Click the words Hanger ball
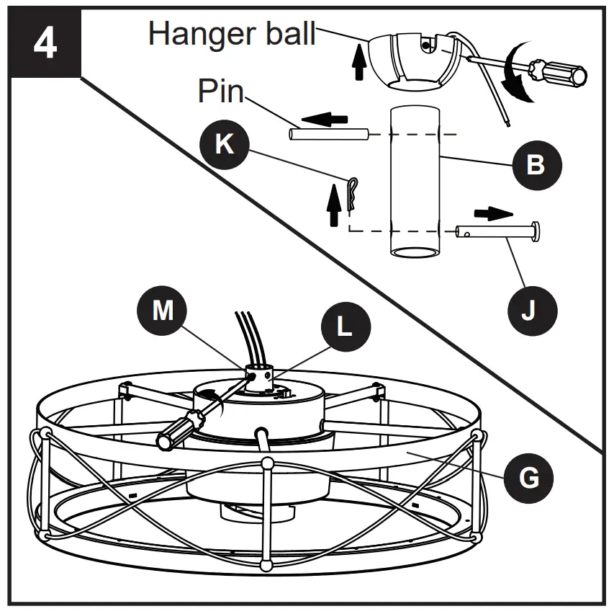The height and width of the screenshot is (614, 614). click(232, 34)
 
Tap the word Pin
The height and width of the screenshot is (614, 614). click(221, 92)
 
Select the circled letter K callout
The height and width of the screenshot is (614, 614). click(225, 143)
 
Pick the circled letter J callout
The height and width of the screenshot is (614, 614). click(529, 312)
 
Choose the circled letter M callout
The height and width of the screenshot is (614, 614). click(163, 310)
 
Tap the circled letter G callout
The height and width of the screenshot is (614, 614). click(529, 476)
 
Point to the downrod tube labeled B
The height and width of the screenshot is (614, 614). click(415, 180)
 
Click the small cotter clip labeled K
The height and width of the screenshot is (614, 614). click(351, 195)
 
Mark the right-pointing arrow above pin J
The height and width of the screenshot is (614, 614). click(493, 213)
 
